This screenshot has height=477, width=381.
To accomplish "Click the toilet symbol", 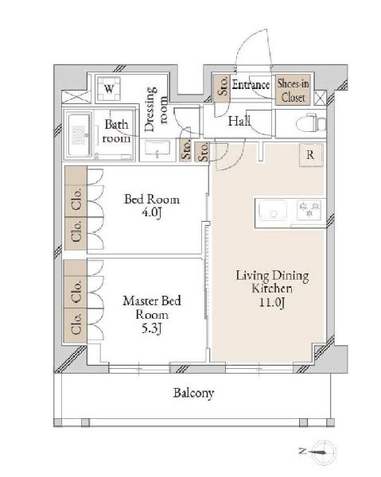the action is point(311,123).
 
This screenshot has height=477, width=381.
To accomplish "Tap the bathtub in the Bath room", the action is point(79,135).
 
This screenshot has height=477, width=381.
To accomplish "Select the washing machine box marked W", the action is point(109,89).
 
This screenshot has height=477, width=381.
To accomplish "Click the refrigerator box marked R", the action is point(310,155).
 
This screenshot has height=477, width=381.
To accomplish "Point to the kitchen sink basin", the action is point(273,210).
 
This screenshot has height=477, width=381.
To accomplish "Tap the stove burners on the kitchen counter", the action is point(309,210).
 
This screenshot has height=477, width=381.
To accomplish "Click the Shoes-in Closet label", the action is point(293,91).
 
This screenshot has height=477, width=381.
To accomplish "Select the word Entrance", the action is point(251,84).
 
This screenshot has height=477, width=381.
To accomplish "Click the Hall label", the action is point(239,121).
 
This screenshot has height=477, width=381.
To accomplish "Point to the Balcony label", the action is point(193,393).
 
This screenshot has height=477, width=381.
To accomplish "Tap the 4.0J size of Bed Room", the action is point(152,212).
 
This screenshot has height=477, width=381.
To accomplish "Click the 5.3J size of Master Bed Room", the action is point(152,328).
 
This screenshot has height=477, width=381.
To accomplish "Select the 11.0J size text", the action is point(272,302).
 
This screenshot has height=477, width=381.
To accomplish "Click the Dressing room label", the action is point(156,110).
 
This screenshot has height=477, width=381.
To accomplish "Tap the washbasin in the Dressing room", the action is point(157,149).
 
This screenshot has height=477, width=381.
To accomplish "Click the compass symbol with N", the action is point(321,452).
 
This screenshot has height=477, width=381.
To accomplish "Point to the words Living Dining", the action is point(272,276).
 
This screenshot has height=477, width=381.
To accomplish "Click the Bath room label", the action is point(117,131).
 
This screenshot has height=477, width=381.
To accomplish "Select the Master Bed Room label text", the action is point(152,308).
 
